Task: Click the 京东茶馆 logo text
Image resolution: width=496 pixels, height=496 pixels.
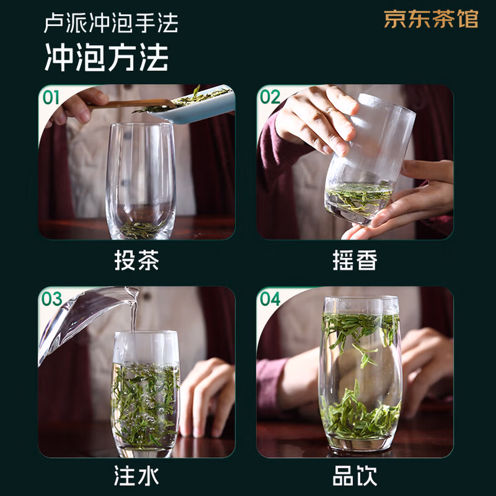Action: pos(431,19)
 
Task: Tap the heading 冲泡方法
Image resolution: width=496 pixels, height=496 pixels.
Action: pos(106,57)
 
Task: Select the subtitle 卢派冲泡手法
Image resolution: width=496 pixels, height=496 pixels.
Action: pos(111,23)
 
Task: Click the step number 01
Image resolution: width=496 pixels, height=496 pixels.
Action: pos(51,97)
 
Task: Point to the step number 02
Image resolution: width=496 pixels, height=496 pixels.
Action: pos(270,97)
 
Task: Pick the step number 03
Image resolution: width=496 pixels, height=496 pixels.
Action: pos(52,299)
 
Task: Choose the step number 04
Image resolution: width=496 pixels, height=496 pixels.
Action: pos(270,299)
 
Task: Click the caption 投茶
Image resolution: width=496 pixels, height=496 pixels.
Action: pos(137,260)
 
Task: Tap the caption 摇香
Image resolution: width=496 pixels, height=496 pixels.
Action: pos(355,260)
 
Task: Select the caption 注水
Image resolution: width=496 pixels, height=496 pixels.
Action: pos(137,475)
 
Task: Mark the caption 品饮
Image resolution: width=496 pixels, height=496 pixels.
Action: pos(355,475)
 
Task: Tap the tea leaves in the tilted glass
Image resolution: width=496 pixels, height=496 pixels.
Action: pos(359,197)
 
